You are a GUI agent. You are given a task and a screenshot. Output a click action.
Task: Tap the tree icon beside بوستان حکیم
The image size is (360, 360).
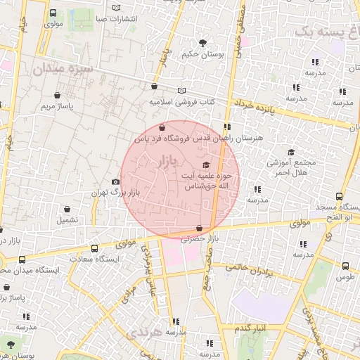coord(204,42)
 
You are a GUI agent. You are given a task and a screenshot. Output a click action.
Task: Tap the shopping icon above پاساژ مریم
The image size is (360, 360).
coord(57,96)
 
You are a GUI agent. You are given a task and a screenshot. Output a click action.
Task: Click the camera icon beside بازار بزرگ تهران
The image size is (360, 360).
coord(116,182)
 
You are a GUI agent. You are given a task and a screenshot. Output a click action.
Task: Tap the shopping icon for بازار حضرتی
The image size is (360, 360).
coord(201,228)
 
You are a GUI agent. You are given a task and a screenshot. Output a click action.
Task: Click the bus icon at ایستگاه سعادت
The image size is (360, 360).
coord(95,248)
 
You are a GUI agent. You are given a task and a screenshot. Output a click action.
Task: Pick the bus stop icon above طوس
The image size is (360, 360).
coord(345,266)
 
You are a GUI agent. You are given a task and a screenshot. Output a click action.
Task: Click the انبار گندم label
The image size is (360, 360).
coord(250,328)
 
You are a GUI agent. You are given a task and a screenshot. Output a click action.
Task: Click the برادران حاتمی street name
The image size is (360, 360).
coord(249,269)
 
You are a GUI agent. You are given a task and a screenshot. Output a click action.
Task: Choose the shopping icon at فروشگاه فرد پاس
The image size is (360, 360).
coord(163,128)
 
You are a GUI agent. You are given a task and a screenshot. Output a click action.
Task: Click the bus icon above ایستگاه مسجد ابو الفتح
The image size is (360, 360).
coord(340,197)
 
